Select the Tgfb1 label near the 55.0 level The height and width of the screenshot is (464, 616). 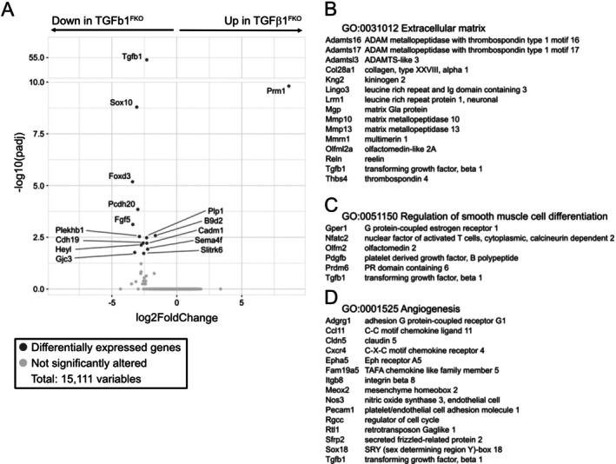point(131,56)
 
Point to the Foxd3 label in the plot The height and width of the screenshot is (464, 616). point(119,176)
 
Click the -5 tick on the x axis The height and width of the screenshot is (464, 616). point(111,302)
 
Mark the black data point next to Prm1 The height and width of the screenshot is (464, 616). point(288,85)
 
